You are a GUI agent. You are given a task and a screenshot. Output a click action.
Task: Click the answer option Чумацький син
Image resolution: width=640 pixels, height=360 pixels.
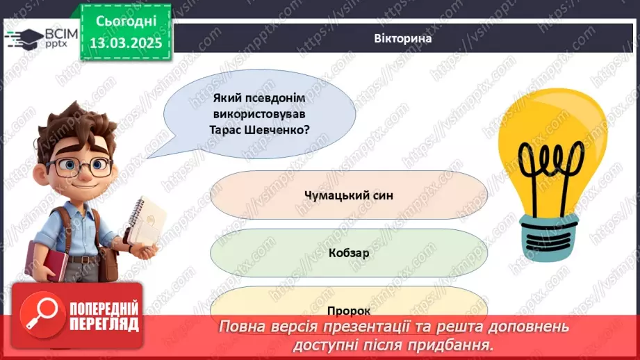pos(348,195)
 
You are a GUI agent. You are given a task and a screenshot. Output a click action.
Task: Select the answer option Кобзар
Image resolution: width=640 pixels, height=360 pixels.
pos(348,253)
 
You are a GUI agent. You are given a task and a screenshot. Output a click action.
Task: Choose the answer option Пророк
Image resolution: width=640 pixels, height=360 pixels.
pos(348,311)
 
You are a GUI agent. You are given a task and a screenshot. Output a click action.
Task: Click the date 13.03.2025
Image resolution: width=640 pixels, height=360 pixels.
pos(127,43)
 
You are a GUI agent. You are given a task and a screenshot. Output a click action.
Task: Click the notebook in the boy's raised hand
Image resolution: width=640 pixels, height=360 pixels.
pos(148,222)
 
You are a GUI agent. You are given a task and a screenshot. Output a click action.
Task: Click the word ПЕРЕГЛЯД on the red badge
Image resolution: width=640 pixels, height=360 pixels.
pos(103,323)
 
